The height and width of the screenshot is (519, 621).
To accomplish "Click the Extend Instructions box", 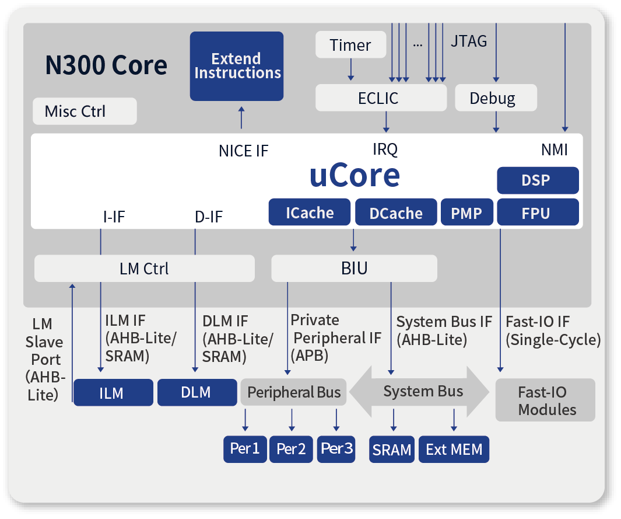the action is coord(236,66).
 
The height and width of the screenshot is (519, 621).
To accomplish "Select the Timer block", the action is coord(350,44).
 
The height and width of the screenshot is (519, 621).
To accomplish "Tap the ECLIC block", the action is coord(381,97).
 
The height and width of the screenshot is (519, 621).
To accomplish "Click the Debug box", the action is coord(496,97).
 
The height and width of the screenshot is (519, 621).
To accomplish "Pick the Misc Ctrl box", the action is coord(85,111).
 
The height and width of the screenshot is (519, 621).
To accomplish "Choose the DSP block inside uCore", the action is coord(538,180).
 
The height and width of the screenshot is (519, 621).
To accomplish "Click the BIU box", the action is coord(354,269).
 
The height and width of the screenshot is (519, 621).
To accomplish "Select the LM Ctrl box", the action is coord(145,269).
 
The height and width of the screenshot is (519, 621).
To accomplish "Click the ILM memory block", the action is coord(113,392).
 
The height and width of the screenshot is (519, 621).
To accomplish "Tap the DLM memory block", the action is coord(197,392).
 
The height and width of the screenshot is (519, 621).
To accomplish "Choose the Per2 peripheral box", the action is coord(291,449).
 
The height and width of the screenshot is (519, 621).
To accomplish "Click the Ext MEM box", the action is coord(454,449).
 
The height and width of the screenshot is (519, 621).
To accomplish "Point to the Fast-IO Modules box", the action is coord(545,400).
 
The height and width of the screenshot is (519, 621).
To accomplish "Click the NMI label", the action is coord(555,150).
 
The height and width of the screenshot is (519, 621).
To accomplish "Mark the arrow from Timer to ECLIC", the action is coord(350,69).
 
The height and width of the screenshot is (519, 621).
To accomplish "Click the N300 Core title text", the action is coord(106,65).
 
